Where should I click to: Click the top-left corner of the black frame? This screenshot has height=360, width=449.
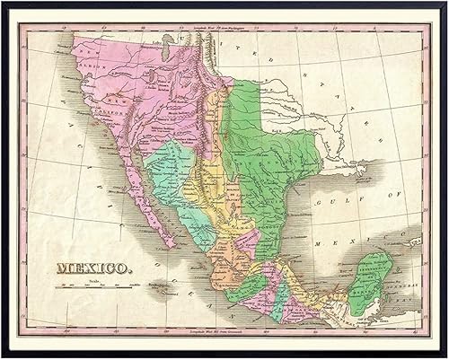pos(3,3)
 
